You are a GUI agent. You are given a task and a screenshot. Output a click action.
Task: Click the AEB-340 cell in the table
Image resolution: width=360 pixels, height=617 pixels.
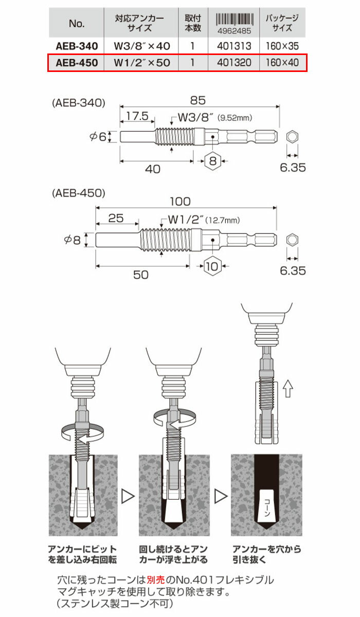click(76, 46)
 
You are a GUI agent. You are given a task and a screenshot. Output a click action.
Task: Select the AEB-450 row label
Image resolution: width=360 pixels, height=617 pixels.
click(76, 63)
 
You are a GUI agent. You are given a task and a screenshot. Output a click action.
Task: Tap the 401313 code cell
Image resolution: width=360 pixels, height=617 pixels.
click(234, 46)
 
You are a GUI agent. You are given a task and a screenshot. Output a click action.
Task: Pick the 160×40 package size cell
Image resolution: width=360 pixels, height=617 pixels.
click(282, 63)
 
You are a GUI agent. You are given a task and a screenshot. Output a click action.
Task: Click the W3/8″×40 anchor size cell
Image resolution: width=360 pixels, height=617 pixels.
click(141, 46)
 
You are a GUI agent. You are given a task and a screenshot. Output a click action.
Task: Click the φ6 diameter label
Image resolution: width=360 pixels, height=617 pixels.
click(97, 137)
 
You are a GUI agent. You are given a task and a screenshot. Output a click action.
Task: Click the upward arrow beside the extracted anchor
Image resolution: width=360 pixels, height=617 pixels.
click(288, 390)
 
